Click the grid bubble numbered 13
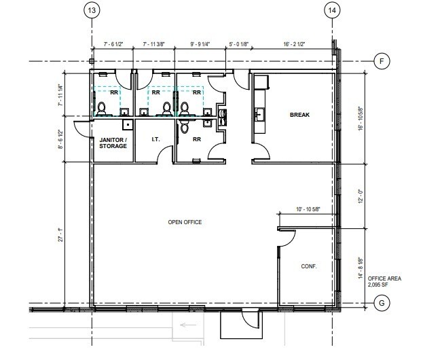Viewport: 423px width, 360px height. click(x=92, y=11)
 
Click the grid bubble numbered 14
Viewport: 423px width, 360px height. click(x=331, y=11)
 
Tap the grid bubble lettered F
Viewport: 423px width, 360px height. click(x=382, y=61)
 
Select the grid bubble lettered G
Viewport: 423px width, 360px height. click(x=382, y=304)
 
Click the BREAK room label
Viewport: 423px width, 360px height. click(x=299, y=115)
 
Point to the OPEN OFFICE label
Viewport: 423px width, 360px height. click(x=185, y=223)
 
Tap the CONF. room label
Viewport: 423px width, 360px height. click(x=309, y=266)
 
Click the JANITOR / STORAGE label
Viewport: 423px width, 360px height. click(x=113, y=143)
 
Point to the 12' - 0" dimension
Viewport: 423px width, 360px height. click(x=361, y=196)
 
